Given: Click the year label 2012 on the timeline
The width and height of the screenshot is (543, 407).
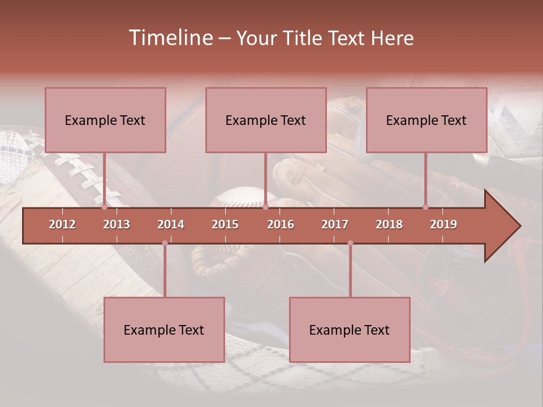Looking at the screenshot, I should (x=62, y=224).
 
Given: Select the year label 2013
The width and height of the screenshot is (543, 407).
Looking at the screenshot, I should (x=117, y=224).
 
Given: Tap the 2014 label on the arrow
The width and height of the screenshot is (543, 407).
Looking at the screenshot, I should (x=171, y=224).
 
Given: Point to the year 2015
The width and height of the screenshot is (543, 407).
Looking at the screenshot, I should (x=225, y=224).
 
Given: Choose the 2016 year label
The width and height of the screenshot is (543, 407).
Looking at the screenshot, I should (x=281, y=224).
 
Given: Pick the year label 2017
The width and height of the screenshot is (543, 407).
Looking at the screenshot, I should (x=335, y=224).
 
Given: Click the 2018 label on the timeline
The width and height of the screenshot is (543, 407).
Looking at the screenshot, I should (x=389, y=224).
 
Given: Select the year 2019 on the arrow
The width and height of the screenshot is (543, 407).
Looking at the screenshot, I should (x=443, y=224).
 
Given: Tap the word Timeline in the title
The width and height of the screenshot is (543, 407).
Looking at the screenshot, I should (x=169, y=38).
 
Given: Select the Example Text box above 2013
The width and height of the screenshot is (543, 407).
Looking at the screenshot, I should (x=105, y=120).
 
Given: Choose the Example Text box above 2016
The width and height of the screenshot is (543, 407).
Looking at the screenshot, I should (x=266, y=120).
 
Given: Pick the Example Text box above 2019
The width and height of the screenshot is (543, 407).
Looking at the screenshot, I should (x=426, y=120).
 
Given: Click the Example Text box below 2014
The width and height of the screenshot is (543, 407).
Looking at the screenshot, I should (x=164, y=330).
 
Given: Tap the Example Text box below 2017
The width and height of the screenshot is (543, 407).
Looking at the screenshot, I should (x=350, y=330).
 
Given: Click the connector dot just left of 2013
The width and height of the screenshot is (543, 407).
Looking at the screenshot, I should (x=104, y=207).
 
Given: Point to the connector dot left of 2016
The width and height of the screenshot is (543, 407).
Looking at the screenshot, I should (x=265, y=207).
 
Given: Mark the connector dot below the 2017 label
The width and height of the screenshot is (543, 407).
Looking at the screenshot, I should (x=350, y=243).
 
